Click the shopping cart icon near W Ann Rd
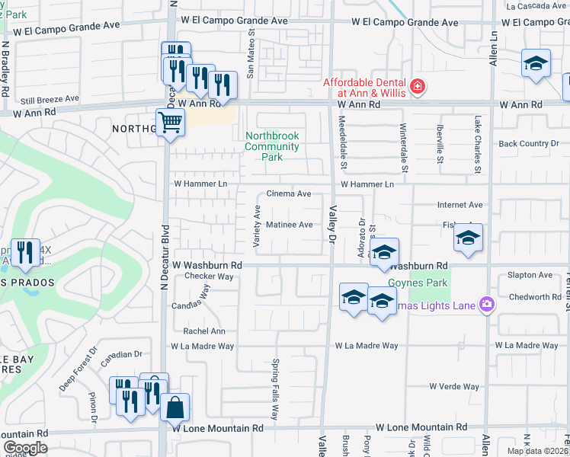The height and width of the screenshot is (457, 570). [170, 122]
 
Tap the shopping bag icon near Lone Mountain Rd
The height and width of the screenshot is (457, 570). [175, 407]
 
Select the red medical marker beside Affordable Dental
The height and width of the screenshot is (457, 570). [417, 87]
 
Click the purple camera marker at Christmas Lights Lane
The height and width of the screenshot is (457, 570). [487, 305]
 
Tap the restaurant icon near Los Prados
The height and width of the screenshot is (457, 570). [25, 251]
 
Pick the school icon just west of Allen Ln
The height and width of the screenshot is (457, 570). [469, 238]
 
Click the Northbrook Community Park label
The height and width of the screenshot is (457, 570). [272, 146]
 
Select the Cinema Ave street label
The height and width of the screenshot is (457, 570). [289, 194]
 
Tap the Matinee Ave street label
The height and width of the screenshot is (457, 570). [290, 225]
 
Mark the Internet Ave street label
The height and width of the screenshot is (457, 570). [460, 205]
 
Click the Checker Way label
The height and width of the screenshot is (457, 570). [209, 276]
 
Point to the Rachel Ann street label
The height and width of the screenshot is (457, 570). [204, 331]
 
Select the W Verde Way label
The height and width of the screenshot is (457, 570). [455, 387]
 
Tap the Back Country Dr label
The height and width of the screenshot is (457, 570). [523, 143]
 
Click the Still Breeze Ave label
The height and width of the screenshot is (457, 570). [50, 99]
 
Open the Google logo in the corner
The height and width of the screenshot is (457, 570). [25, 448]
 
